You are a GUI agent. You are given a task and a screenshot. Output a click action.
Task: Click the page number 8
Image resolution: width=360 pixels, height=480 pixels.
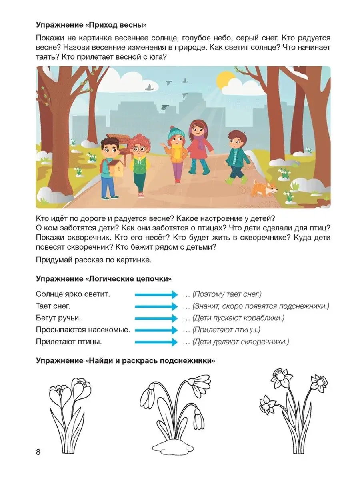(38, 452)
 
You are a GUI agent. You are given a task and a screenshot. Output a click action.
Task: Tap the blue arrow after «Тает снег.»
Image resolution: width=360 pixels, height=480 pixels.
(156, 306)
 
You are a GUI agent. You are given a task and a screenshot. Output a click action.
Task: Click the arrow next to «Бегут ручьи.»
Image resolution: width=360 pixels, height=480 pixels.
(156, 318)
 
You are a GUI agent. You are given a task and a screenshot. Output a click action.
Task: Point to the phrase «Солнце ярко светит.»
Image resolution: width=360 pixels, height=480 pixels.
(73, 294)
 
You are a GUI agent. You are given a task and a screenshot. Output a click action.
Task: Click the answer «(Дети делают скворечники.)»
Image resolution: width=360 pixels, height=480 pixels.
(240, 342)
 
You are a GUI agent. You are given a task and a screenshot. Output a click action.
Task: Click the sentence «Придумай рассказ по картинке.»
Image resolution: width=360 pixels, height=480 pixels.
(94, 260)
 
